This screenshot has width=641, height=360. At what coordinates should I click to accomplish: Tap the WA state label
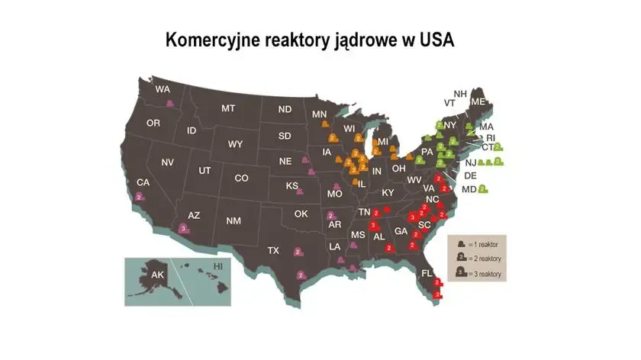tap(163, 89)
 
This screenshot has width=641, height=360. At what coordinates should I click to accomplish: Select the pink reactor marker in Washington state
tap(170, 103)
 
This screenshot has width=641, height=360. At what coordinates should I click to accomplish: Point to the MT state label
tap(227, 108)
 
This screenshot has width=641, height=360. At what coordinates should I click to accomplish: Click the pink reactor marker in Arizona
tap(182, 227)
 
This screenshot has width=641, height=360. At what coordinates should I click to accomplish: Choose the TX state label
tap(272, 250)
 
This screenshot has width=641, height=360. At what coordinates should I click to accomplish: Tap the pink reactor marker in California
tap(138, 197)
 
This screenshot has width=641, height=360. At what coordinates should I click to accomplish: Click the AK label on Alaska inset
tap(156, 275)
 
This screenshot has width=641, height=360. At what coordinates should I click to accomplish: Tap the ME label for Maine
tap(478, 101)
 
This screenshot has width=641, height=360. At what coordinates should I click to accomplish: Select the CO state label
tap(241, 178)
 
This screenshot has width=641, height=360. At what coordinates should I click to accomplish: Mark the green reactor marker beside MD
tap(483, 188)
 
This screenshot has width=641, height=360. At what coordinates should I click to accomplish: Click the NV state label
tap(167, 162)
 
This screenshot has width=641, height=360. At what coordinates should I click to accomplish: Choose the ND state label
tap(285, 109)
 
